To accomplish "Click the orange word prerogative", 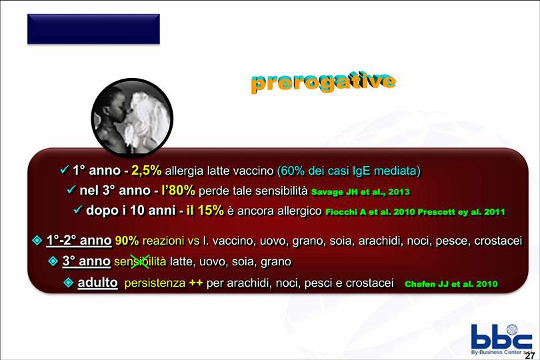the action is tap(323, 81).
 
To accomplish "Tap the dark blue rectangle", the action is tap(93, 29).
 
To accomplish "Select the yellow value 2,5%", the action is tap(147, 170).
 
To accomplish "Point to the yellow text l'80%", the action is tap(178, 190).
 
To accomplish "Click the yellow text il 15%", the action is tap(205, 210).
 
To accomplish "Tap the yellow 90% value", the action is tap(127, 241).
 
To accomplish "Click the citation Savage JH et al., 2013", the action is tap(360, 192).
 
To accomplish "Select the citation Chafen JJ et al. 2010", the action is tap(451, 284).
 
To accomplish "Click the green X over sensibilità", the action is tap(141, 261).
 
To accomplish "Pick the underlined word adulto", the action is tap(98, 283).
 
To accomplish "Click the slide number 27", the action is tap(530, 355).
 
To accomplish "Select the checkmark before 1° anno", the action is tap(65, 169).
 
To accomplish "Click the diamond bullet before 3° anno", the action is tap(53, 261).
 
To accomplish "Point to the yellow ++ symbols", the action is tap(196, 283).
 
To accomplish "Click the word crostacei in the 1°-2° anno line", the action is tap(498, 241).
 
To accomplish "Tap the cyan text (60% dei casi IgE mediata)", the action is tap(349, 171).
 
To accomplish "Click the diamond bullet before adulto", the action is tap(69, 283).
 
